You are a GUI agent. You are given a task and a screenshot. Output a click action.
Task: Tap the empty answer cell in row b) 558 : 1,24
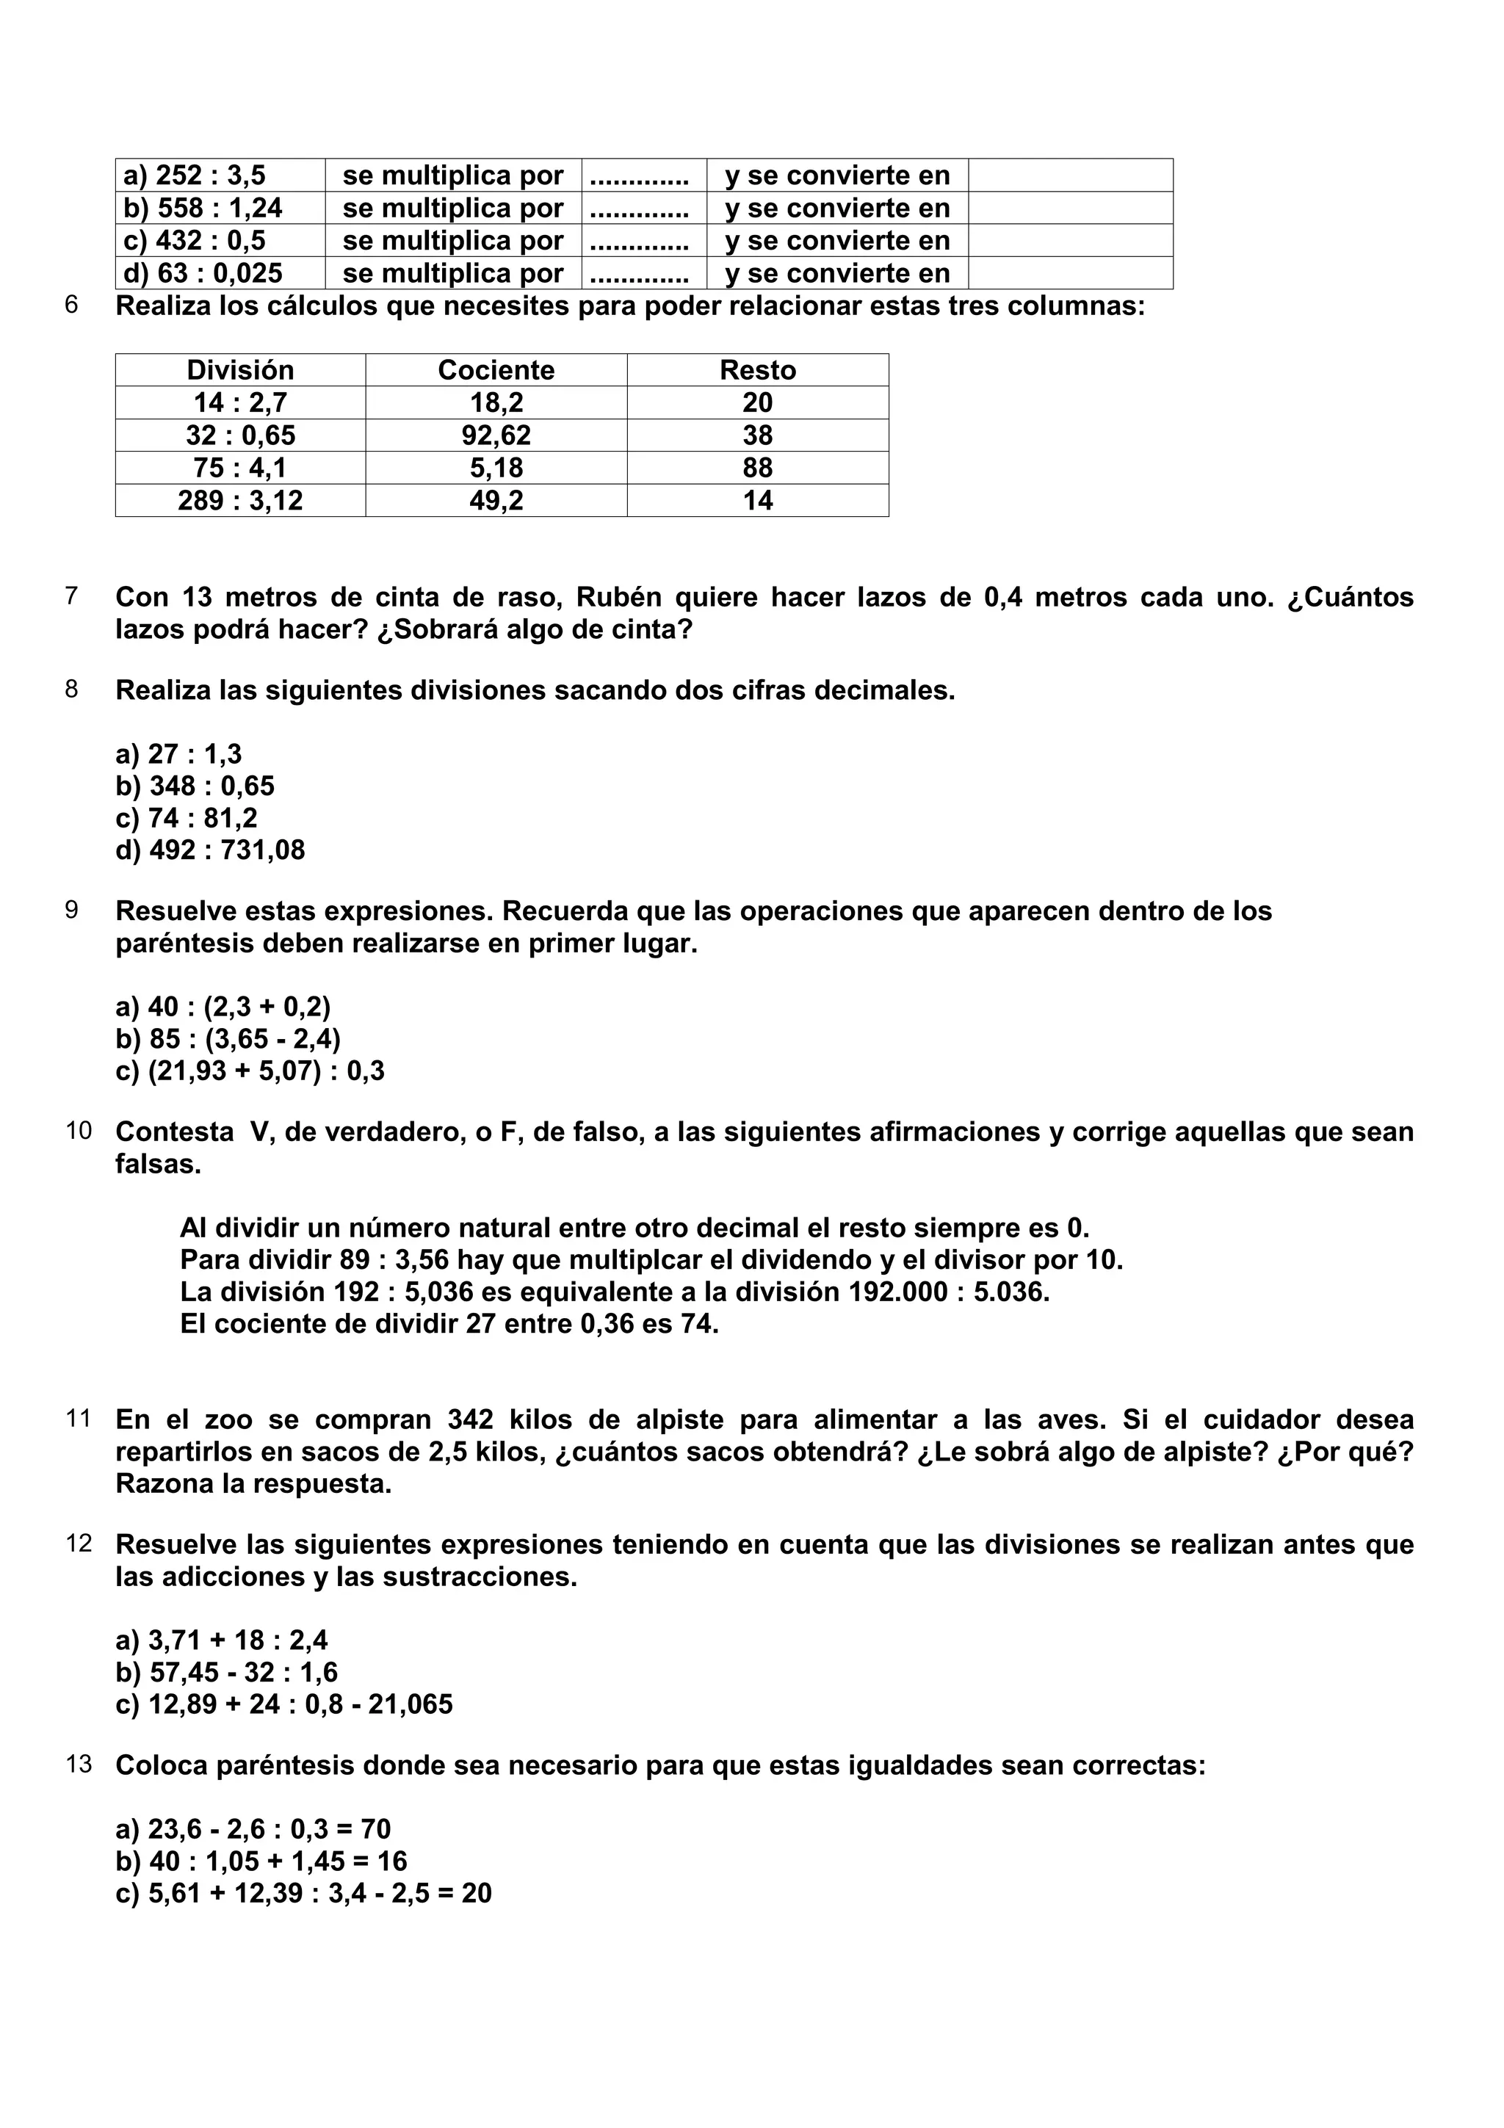click(1070, 209)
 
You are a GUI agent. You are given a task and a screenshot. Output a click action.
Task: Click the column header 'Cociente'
click(496, 371)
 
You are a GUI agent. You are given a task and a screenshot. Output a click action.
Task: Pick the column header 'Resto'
click(757, 371)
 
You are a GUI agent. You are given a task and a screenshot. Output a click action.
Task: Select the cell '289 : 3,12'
click(240, 502)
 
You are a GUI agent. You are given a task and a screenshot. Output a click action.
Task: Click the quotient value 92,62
click(496, 435)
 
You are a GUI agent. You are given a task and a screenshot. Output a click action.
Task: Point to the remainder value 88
click(757, 468)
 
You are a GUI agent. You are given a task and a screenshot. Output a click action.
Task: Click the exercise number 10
click(79, 1131)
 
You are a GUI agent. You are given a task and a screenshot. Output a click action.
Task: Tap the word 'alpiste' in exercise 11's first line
click(679, 1420)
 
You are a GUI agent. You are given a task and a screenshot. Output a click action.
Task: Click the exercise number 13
click(79, 1764)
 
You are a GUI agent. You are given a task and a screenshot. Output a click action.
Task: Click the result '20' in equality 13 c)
click(477, 1892)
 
